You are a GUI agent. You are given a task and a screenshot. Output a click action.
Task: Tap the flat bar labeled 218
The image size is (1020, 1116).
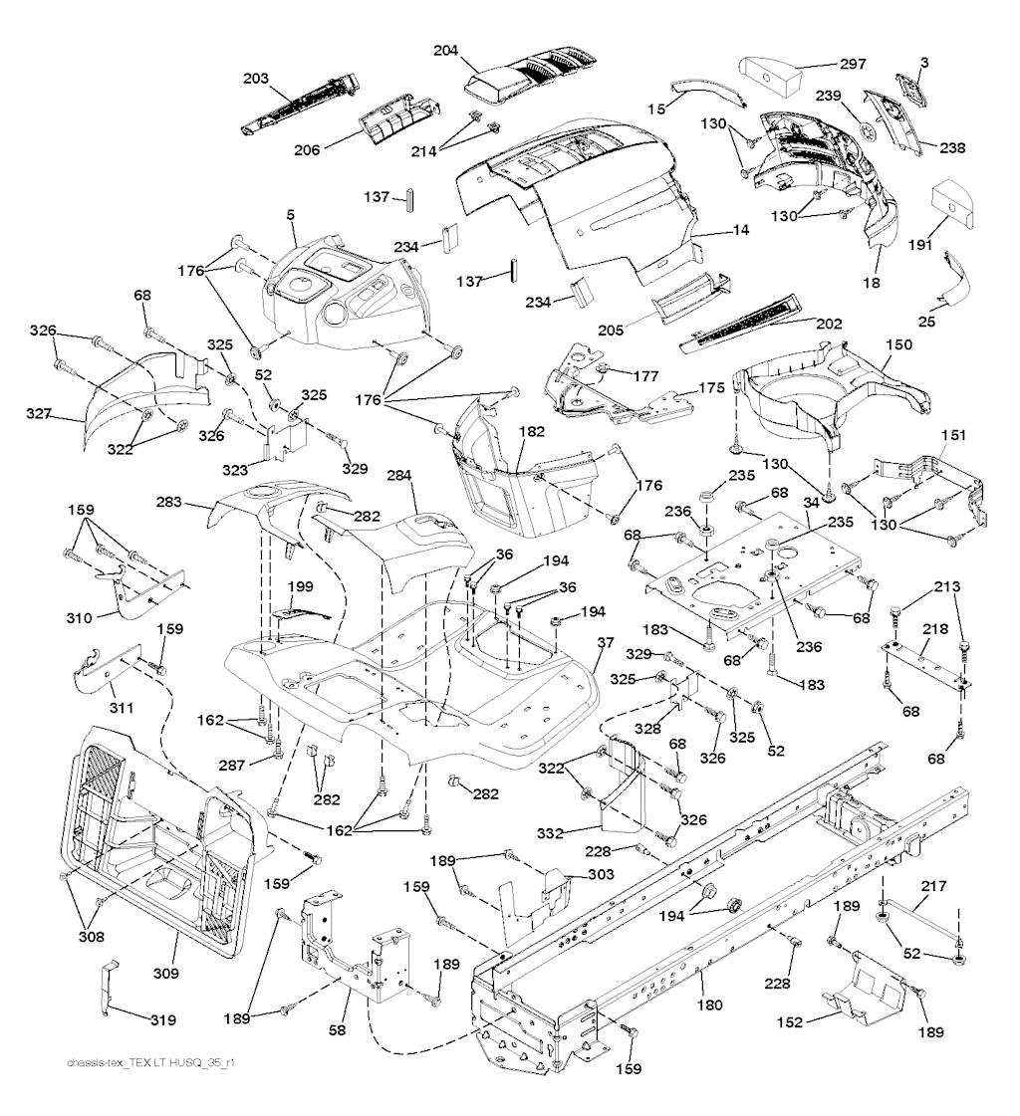(x=924, y=663)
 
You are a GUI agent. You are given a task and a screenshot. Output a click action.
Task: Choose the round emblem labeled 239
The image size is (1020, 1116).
(x=870, y=133)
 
